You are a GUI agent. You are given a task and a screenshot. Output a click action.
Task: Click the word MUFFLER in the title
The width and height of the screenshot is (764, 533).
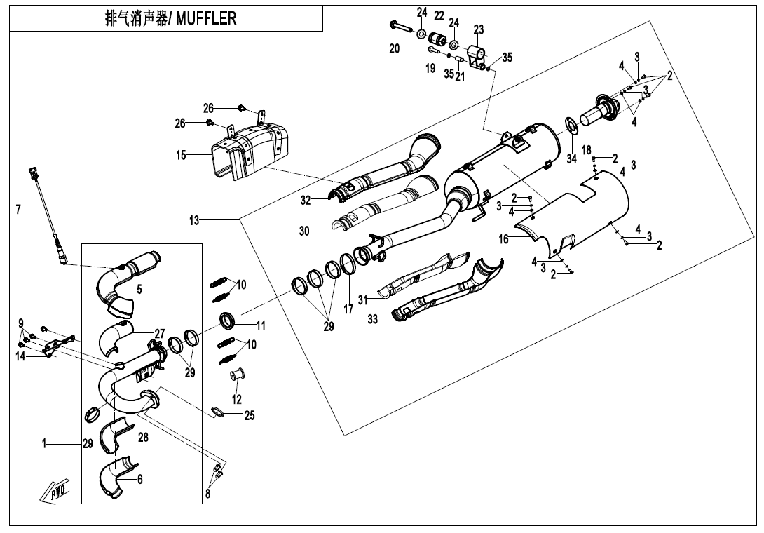coord(206,19)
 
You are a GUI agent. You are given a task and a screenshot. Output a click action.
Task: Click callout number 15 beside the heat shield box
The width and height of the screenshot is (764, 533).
coord(182,155)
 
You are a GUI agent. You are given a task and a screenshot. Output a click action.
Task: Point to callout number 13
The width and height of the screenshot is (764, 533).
coord(194,220)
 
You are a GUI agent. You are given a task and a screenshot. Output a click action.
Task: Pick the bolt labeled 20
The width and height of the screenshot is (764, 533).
coord(397,29)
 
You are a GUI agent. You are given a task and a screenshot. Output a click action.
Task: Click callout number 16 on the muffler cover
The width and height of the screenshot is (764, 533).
coord(504,239)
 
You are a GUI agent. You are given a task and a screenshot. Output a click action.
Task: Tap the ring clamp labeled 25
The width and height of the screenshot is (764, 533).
coord(219,412)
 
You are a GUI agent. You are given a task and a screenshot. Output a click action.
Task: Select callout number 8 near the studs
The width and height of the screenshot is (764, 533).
coord(208,494)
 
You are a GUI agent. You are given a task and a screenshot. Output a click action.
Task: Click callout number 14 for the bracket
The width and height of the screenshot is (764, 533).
coord(20,356)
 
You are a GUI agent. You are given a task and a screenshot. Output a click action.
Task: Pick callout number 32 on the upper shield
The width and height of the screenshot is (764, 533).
coord(306,201)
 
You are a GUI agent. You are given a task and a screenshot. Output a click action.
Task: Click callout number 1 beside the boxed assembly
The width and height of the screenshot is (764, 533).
coord(44,443)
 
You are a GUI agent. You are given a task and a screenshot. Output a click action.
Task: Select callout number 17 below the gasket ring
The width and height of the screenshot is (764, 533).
coord(348,309)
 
